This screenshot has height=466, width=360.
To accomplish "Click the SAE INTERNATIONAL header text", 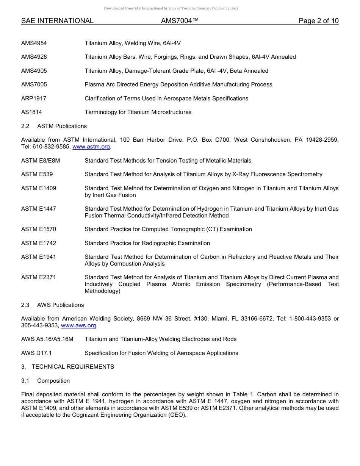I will [57, 21].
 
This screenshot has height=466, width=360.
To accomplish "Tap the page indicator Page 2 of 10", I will [318, 21].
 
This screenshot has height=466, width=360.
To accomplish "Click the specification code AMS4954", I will [34, 43].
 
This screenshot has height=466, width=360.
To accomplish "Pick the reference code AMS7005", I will [34, 84].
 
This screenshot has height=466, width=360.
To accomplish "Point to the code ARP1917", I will [34, 99].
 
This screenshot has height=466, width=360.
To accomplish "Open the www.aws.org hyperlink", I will [79, 325].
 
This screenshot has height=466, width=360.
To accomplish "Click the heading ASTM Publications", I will [62, 126].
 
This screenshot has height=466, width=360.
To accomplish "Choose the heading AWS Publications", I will [60, 305].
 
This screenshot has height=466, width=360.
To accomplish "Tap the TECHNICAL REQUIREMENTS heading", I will [73, 367].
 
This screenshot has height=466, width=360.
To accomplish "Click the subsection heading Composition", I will [53, 381].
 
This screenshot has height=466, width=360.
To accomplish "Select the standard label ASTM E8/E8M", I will [41, 161].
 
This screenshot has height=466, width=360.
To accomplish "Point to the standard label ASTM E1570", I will [39, 229].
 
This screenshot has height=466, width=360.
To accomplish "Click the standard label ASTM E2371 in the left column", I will [39, 277].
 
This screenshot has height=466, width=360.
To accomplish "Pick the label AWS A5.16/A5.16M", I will [47, 339].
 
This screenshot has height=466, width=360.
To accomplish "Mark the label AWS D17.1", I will [36, 353].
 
